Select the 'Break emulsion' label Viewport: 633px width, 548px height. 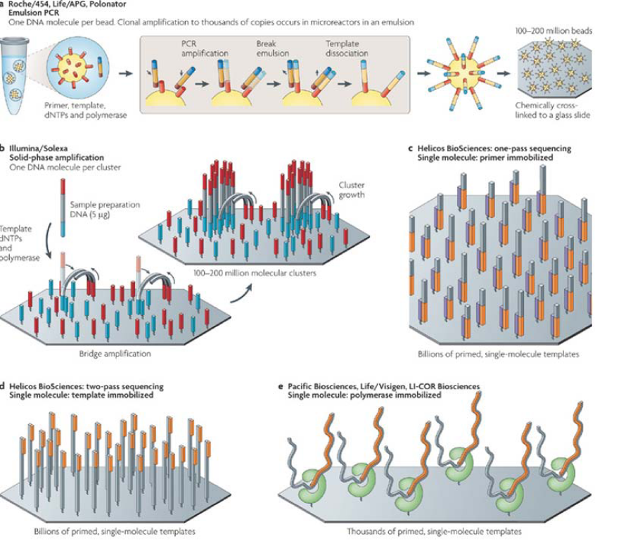point(271,48)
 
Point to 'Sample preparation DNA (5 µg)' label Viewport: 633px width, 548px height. point(108,209)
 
